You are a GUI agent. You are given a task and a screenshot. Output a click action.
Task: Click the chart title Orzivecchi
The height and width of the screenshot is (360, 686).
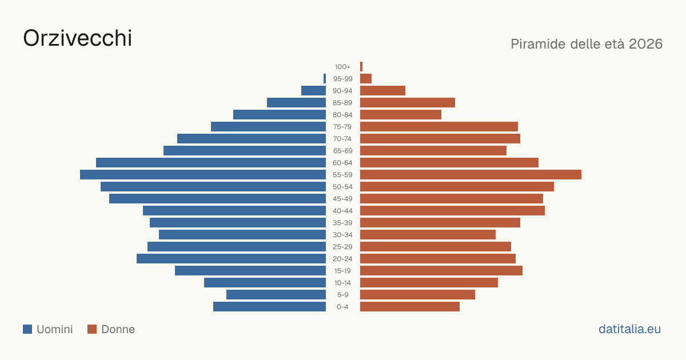click(78, 38)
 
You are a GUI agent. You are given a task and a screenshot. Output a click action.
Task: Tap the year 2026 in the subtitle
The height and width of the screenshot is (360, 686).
click(645, 44)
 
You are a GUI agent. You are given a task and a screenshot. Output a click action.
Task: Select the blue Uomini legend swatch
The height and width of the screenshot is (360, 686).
click(27, 329)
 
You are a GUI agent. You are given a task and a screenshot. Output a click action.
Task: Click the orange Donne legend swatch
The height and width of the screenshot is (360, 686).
click(92, 329)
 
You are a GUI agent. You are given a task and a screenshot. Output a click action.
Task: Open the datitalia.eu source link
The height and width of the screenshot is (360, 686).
click(629, 329)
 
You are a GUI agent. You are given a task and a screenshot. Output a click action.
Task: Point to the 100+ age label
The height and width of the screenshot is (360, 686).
click(342, 67)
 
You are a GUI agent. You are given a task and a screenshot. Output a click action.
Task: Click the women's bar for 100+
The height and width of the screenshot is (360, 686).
click(361, 66)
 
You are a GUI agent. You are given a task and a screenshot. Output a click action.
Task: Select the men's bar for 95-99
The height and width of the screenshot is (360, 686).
click(325, 79)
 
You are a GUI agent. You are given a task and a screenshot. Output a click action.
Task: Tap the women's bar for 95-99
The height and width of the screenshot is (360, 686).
click(366, 79)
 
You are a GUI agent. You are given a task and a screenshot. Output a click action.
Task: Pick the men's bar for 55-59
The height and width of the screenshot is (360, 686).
click(203, 174)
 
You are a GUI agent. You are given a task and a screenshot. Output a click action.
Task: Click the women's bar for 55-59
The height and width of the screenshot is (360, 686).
click(470, 174)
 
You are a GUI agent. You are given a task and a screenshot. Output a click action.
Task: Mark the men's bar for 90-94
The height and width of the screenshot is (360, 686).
click(314, 91)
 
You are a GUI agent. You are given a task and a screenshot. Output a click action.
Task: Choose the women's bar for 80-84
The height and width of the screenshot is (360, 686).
click(401, 114)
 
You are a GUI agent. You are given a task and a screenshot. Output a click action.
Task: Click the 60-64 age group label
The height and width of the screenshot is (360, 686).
click(342, 163)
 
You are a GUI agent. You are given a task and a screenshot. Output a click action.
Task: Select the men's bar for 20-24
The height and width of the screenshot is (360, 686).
click(231, 259)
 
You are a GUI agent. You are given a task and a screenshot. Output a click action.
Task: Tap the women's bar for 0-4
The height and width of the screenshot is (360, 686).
click(410, 306)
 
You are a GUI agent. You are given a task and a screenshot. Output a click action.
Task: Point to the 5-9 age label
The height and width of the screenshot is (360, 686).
click(342, 295)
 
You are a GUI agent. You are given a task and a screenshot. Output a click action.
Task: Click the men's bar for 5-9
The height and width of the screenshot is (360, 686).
click(276, 294)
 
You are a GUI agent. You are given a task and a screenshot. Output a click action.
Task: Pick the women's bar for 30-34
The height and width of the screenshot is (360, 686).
click(428, 234)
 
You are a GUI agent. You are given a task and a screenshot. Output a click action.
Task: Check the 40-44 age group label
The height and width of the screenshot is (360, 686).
click(342, 211)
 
